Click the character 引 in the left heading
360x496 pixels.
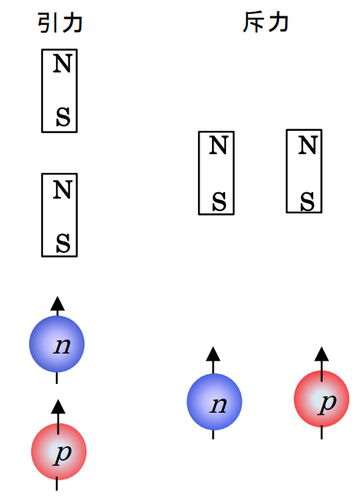pyautogui.click(x=48, y=23)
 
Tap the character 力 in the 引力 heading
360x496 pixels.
pyautogui.click(x=72, y=23)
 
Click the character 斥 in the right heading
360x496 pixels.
pyautogui.click(x=254, y=23)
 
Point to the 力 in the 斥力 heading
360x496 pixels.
pyautogui.click(x=277, y=23)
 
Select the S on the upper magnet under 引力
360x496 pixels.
pyautogui.click(x=63, y=118)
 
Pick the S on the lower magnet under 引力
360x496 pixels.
pyautogui.click(x=63, y=244)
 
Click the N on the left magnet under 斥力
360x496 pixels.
pyautogui.click(x=220, y=146)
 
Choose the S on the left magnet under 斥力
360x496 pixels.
pyautogui.click(x=220, y=201)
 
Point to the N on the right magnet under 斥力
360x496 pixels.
pyautogui.click(x=308, y=146)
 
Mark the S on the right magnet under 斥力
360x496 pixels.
pyautogui.click(x=308, y=200)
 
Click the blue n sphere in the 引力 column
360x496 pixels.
pyautogui.click(x=56, y=344)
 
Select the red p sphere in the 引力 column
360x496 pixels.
pyautogui.click(x=58, y=452)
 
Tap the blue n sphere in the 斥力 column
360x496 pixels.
pyautogui.click(x=214, y=402)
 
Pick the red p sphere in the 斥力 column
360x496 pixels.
pyautogui.click(x=321, y=400)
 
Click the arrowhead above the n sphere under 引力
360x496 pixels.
pyautogui.click(x=56, y=303)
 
